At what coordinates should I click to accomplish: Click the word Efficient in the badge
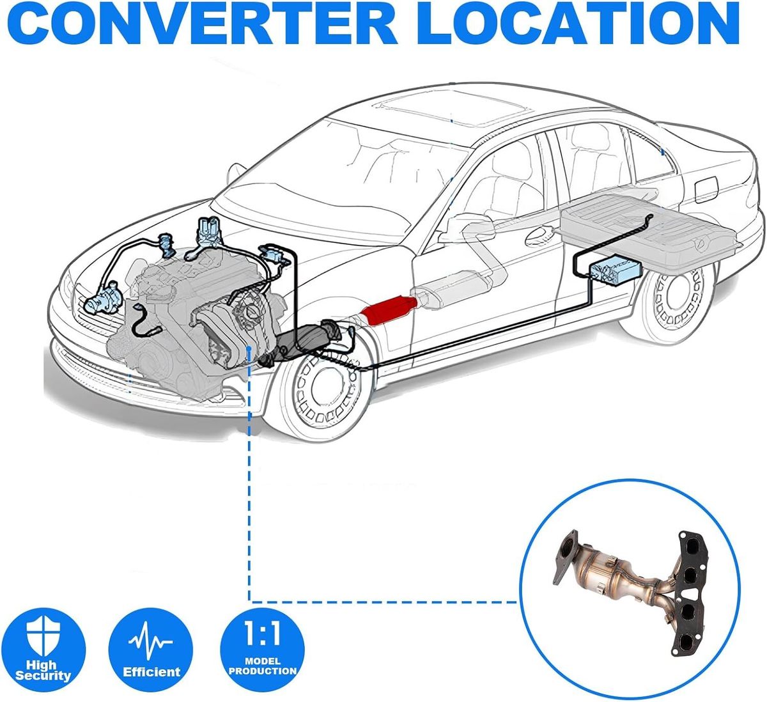(151, 672)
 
